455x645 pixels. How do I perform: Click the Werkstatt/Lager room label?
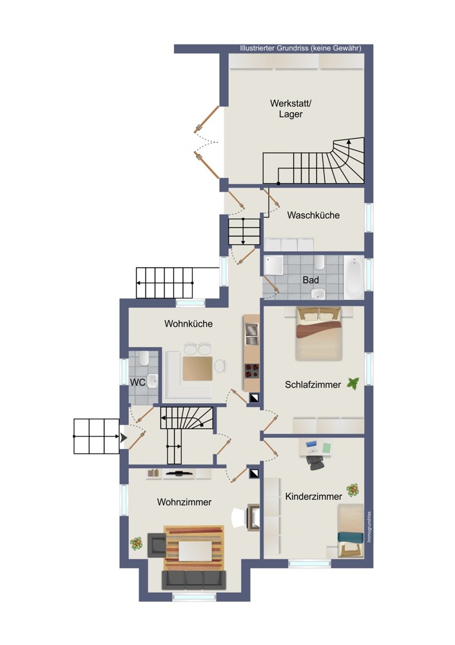tap(291, 108)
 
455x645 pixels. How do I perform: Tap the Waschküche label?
tap(313, 215)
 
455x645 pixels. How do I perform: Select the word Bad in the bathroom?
tap(311, 280)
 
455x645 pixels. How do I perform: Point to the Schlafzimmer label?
tap(313, 384)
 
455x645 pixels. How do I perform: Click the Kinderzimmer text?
tap(314, 497)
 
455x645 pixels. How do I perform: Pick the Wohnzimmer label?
tap(184, 502)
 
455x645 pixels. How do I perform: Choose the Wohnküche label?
tap(189, 324)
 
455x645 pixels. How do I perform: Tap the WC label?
tap(138, 382)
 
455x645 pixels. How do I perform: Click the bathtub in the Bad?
tap(354, 277)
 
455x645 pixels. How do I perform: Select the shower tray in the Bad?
tap(274, 265)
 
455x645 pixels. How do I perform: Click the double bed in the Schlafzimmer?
tap(319, 334)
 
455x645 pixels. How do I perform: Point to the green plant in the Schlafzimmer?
tap(353, 383)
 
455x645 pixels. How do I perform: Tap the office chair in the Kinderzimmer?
tap(315, 462)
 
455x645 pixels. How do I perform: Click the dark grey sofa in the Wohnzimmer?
tap(194, 580)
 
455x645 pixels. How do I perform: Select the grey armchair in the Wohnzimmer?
tap(157, 544)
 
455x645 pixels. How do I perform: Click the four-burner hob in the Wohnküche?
tap(252, 371)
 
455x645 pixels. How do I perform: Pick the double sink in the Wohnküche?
tap(251, 334)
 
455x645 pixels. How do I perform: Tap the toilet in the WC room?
tap(144, 358)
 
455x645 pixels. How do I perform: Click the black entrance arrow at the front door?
tap(123, 438)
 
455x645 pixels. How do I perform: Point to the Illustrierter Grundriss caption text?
tap(300, 48)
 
